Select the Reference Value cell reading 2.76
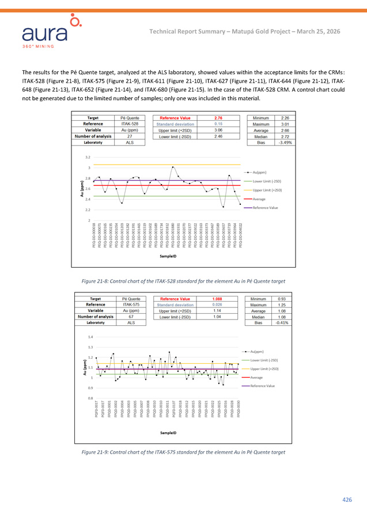tap(219, 118)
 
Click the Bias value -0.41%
tap(282, 323)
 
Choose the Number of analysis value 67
tap(131, 317)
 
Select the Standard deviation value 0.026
tap(218, 304)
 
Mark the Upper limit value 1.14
tap(218, 311)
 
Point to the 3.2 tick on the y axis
tap(87, 157)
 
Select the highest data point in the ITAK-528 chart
tap(173, 167)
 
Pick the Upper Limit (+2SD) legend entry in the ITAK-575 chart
tap(264, 368)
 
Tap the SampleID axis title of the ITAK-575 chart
tap(168, 433)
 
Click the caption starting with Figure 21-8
tap(183, 280)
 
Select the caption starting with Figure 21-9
tap(183, 452)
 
